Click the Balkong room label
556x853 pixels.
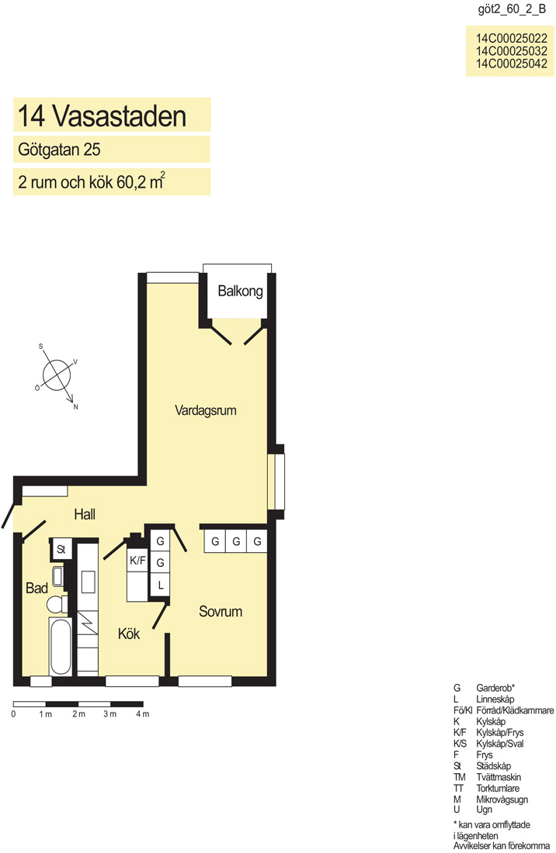[240, 291]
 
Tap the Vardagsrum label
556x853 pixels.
[205, 410]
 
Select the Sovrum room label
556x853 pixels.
[220, 612]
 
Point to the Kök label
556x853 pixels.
[129, 634]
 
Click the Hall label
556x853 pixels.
[85, 514]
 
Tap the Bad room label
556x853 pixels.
[36, 588]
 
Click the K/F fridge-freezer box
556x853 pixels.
[137, 561]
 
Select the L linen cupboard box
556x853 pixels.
[160, 585]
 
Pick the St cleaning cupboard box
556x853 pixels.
[61, 550]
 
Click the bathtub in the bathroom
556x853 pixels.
[60, 647]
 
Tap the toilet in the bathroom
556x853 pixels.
[56, 604]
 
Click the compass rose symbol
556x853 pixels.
[57, 375]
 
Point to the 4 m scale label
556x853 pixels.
[142, 714]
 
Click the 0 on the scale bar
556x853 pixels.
[14, 714]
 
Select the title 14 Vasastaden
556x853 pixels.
[102, 116]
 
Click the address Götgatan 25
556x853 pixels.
[59, 150]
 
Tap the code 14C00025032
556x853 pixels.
[511, 51]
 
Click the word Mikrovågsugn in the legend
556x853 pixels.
[502, 799]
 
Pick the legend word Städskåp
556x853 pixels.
[493, 766]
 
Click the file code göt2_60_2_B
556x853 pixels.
[511, 10]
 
